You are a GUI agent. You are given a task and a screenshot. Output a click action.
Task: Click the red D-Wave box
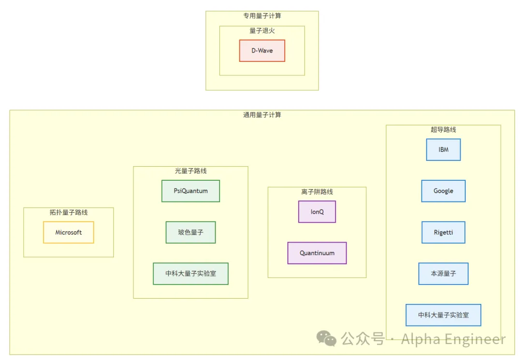tap(262, 51)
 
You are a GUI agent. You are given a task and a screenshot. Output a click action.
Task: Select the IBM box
tap(443, 150)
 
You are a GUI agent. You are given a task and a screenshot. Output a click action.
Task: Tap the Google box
tap(443, 191)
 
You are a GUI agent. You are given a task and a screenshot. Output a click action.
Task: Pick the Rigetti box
tap(443, 232)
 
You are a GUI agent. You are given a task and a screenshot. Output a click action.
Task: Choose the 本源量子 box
tap(443, 274)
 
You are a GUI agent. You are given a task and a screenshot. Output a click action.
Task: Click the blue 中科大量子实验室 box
tap(443, 315)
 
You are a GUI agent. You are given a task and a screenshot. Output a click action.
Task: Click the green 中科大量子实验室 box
tap(190, 274)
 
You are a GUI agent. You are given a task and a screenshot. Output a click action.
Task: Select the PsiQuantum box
tap(190, 191)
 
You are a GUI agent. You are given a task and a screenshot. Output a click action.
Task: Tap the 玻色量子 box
tap(190, 232)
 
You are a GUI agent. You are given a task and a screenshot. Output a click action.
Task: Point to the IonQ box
tap(317, 212)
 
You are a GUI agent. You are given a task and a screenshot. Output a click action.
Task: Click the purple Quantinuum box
tap(317, 253)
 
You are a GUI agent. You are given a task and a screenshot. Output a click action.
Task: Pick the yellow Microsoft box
tap(69, 232)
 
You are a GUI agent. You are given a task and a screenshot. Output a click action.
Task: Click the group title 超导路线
tap(443, 130)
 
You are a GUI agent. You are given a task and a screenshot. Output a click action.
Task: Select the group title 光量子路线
tap(190, 171)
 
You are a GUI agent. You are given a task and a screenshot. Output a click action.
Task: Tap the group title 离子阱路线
tap(317, 192)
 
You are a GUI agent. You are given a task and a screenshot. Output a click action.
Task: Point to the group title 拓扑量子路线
tap(69, 212)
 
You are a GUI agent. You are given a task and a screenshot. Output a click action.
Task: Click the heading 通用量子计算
tap(262, 115)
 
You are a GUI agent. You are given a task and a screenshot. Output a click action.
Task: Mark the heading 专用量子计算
tap(262, 16)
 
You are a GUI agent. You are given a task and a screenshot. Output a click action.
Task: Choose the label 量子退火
tap(262, 30)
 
